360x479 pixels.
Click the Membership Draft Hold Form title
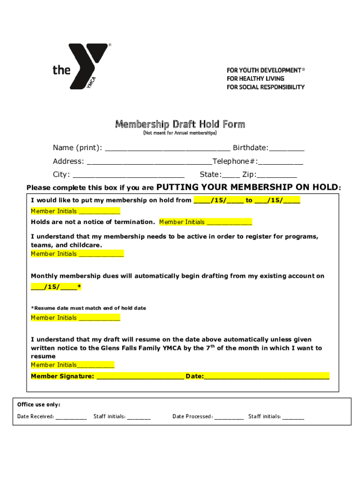180,124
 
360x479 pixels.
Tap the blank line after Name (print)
167,149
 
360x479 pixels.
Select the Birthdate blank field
287,149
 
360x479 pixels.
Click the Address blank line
149,162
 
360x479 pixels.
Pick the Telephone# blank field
280,162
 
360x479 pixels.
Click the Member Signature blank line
140,377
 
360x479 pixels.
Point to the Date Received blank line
71,417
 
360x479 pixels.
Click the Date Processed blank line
229,417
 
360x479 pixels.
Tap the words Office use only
39,405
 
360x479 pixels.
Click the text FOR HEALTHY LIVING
255,79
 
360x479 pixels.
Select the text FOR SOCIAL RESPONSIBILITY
266,87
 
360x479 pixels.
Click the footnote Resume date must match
89,308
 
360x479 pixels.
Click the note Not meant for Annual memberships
180,133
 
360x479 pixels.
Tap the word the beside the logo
61,70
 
